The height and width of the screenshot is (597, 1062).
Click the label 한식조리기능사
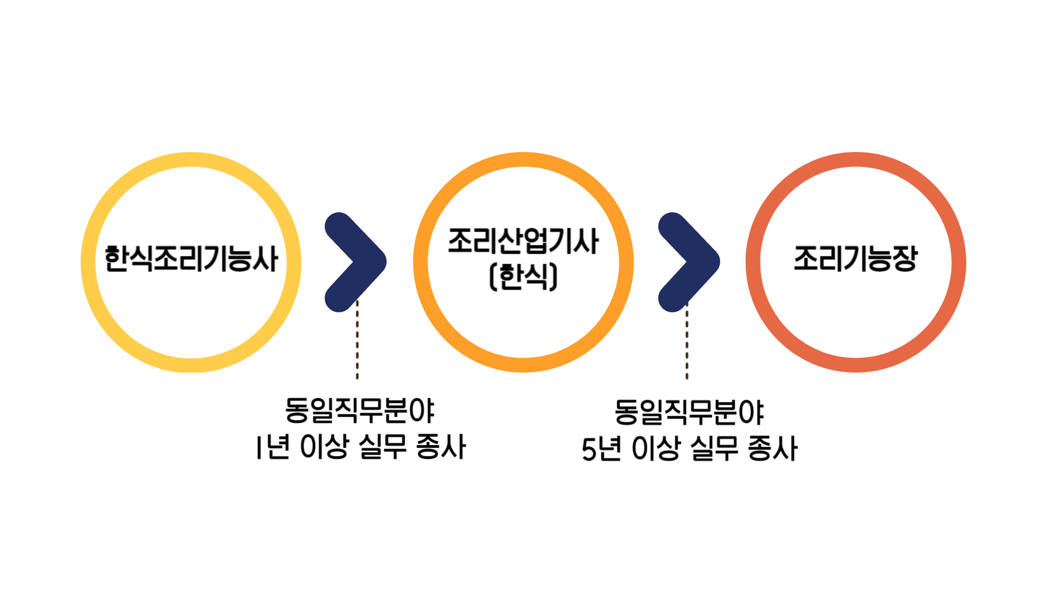191,259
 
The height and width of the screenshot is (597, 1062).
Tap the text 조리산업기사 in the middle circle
523,241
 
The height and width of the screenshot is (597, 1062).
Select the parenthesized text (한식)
523,276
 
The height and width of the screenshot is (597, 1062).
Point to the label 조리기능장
856,258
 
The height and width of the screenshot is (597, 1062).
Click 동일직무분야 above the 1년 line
360,410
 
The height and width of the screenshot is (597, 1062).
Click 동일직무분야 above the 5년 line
689,412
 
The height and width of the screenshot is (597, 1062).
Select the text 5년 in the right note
601,448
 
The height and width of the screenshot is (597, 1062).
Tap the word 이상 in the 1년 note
324,447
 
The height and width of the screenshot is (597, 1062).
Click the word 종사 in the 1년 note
441,447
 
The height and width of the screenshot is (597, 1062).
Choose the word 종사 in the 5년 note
772,448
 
